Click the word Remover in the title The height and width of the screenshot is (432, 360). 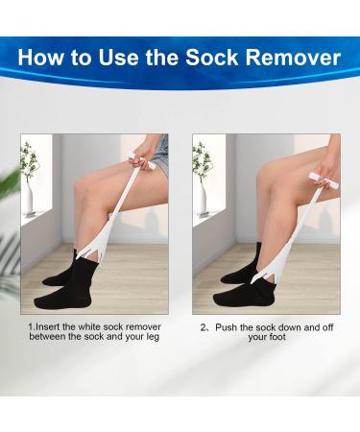(x=293, y=58)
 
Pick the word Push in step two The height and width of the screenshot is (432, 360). (x=228, y=326)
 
